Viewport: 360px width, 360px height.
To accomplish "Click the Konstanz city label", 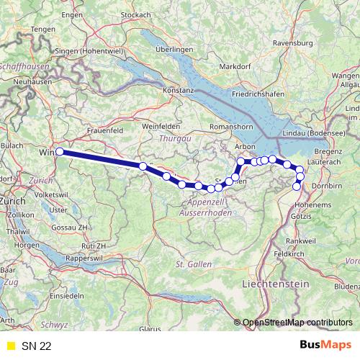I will point(179,91).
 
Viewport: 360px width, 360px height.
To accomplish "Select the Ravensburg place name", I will point(292,43).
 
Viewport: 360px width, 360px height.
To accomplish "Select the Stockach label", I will point(135,14).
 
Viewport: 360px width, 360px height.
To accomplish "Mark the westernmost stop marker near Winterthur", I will point(60,152).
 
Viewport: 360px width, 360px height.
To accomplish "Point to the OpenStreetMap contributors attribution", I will point(297,322).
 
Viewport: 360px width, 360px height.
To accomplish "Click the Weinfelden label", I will point(161,125).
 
